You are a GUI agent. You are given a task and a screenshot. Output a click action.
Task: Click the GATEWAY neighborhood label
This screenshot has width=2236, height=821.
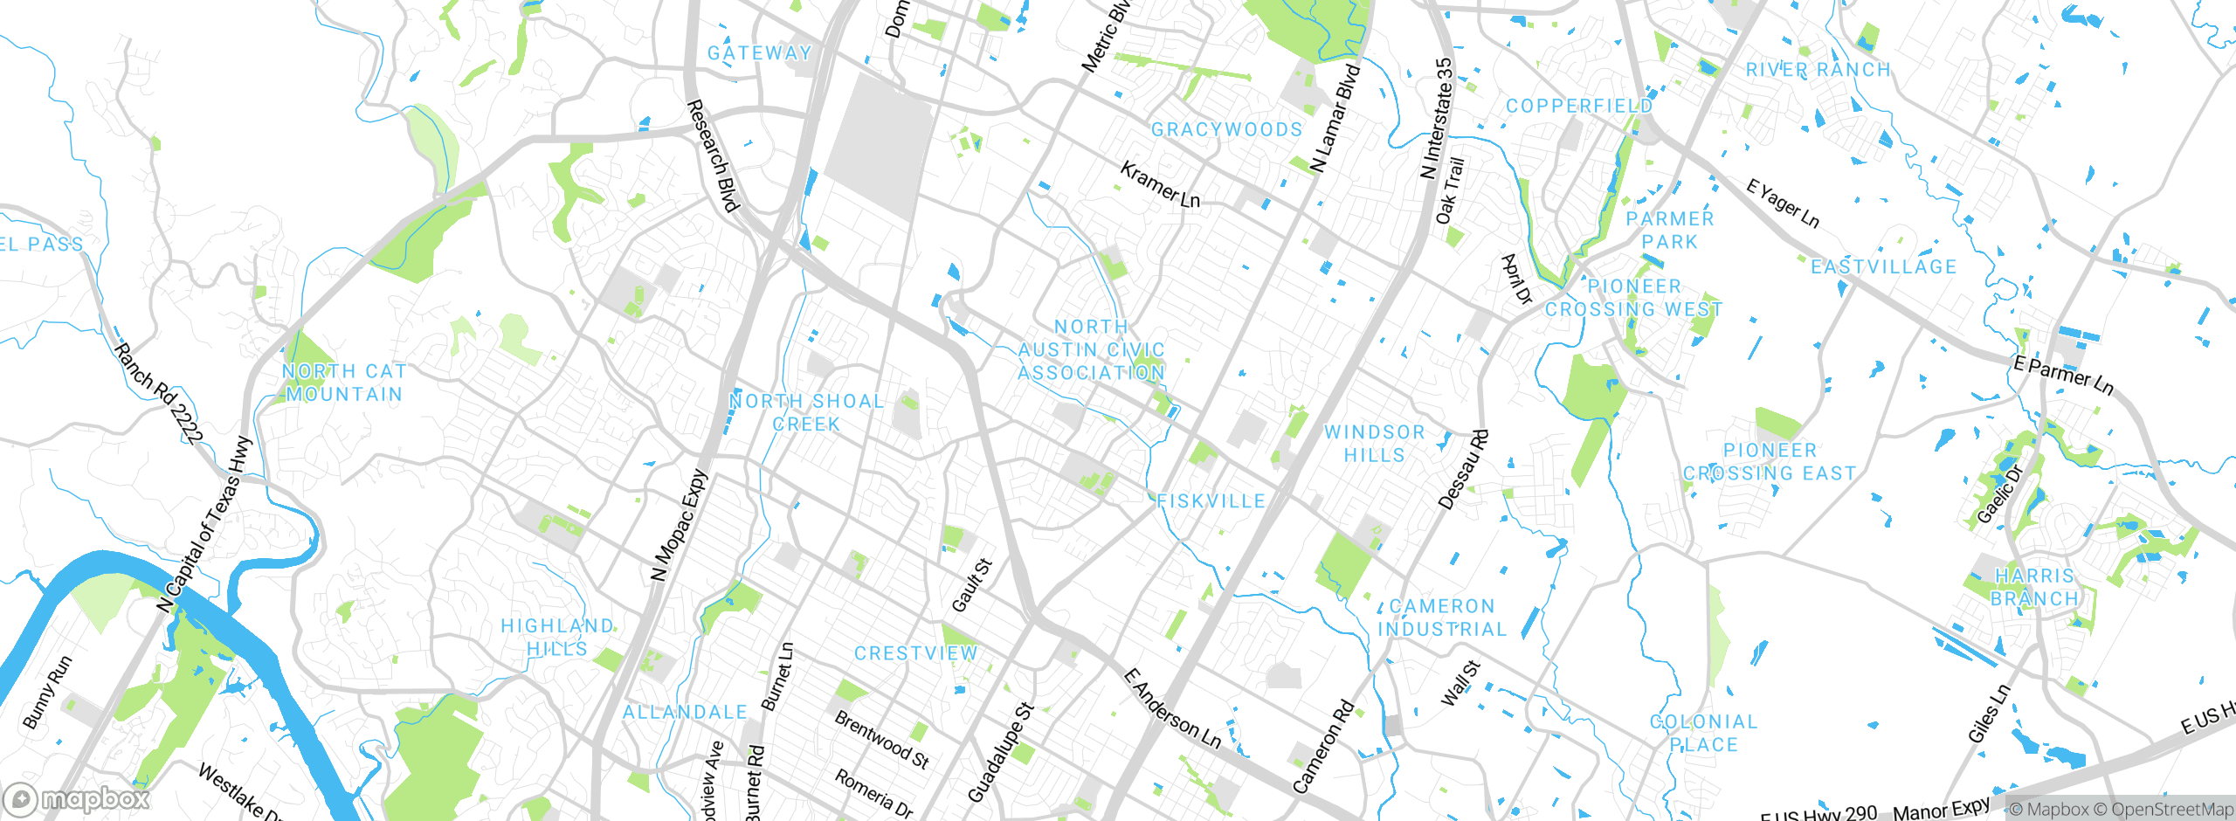coord(759,53)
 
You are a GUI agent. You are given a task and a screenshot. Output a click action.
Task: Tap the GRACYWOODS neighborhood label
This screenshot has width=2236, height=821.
coord(1226,130)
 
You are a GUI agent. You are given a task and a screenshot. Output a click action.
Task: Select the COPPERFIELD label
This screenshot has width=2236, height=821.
coord(1579,106)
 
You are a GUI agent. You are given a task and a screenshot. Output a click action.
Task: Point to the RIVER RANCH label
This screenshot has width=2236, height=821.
coord(1818,70)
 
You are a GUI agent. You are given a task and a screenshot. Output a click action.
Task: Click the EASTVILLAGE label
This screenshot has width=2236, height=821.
coord(1883,267)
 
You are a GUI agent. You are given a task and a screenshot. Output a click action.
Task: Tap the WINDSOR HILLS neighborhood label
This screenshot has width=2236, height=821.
coord(1375,444)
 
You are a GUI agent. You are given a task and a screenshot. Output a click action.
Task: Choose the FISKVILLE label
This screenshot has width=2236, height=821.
coord(1211,501)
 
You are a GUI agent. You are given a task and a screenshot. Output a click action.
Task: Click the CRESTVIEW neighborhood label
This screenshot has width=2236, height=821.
coord(915,653)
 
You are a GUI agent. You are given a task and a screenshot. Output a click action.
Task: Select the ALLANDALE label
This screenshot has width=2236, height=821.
coord(685,713)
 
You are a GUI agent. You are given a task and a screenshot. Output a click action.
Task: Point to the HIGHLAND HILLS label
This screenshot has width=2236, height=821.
coord(557,638)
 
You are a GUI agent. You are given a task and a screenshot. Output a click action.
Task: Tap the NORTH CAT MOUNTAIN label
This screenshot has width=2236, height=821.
coord(344,383)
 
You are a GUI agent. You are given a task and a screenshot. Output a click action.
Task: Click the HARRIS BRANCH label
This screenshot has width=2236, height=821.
coord(2034,587)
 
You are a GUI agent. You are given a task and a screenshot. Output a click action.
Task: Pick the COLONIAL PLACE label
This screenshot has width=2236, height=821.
coord(1703,733)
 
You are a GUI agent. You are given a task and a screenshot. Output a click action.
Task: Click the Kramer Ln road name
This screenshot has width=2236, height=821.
coord(1160,185)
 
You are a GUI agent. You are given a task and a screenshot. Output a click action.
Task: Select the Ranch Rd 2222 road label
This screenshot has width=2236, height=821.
coord(160,393)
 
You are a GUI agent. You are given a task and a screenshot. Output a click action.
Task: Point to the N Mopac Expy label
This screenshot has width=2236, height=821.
coord(679,526)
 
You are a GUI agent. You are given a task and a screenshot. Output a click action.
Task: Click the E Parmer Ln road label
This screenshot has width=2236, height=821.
coord(2063,375)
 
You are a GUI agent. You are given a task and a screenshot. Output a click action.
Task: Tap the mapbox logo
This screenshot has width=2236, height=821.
coord(77,798)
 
